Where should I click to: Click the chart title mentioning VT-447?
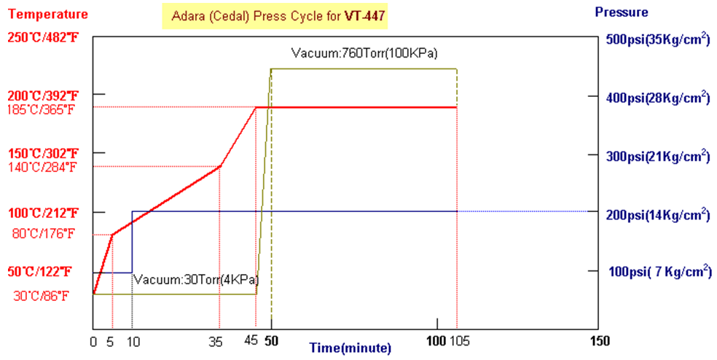(275, 15)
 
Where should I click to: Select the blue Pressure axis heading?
(621, 12)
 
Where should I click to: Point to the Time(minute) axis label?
(350, 348)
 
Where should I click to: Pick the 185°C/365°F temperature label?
(46, 109)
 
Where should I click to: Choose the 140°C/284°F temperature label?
(46, 167)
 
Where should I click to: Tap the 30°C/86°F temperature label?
(43, 296)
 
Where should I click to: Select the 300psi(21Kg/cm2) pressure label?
(657, 156)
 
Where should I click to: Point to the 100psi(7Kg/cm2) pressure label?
(657, 272)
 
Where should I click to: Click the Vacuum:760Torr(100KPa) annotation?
(364, 53)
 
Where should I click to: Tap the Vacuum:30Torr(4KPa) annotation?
(195, 280)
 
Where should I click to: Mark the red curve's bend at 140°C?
(220, 167)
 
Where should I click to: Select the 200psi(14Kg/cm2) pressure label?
(657, 214)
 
